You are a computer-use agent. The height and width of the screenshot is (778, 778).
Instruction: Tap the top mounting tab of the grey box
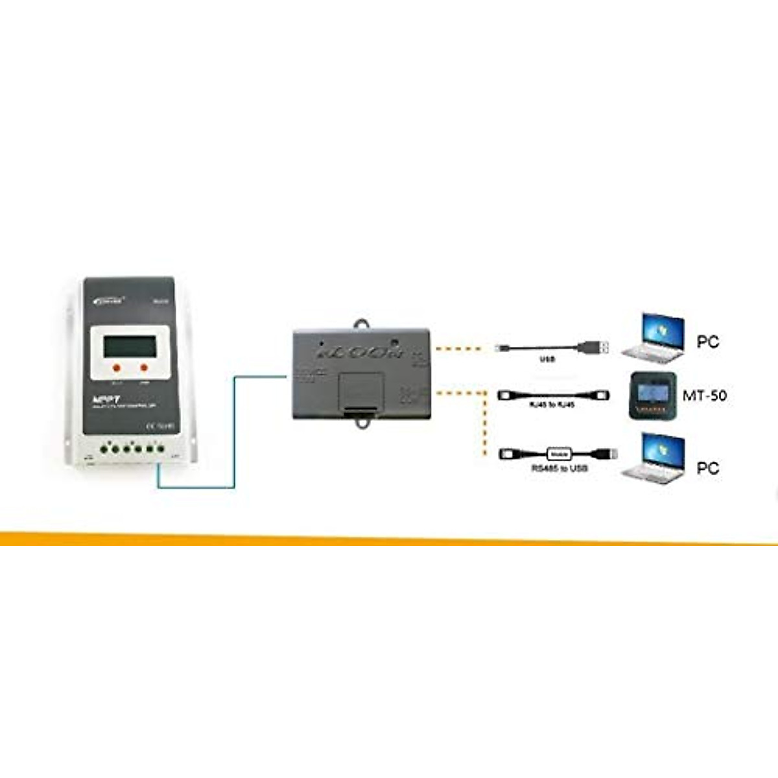tap(360, 324)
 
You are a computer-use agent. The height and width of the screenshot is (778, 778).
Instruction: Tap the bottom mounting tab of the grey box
tap(361, 422)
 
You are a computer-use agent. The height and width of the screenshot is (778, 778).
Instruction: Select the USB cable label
tap(547, 359)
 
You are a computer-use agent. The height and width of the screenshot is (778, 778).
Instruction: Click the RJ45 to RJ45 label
tap(552, 405)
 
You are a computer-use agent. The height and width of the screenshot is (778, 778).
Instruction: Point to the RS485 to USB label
tap(559, 467)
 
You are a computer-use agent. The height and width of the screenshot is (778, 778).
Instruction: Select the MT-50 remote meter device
tap(653, 395)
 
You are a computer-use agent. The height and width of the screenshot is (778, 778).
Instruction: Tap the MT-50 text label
tap(705, 395)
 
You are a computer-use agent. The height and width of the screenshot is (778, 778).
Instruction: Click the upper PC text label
tap(708, 342)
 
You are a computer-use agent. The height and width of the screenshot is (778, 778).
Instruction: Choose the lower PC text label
tap(708, 467)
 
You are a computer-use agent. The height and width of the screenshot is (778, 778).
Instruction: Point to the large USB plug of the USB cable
tap(595, 348)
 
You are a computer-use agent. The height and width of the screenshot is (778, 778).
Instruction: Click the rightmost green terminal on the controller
tap(159, 449)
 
